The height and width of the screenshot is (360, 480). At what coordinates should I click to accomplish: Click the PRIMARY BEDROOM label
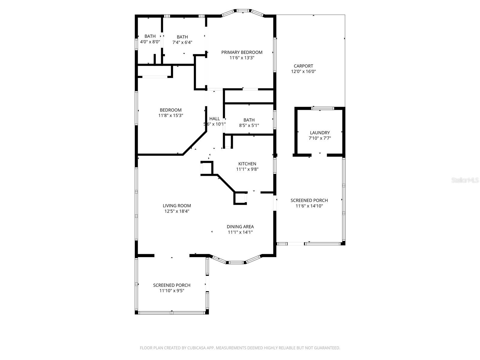242,52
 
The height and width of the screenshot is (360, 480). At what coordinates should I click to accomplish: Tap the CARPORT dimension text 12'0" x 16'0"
303,71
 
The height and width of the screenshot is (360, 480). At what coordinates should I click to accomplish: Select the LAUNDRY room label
320,133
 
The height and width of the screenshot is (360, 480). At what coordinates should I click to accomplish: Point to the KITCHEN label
247,164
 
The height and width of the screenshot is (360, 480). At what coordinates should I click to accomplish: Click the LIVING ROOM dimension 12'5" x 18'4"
177,211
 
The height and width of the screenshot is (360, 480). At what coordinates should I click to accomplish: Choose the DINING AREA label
240,226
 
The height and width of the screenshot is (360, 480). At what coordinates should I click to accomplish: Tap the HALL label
214,119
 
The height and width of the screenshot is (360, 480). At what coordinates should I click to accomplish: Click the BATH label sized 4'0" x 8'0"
150,36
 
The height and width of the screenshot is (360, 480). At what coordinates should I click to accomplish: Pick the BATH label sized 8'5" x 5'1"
249,120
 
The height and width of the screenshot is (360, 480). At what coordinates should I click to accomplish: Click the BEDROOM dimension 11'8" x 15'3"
171,115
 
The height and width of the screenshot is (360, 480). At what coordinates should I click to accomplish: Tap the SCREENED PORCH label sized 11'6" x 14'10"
309,200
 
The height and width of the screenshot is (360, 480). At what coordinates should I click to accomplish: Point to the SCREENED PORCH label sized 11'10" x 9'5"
172,285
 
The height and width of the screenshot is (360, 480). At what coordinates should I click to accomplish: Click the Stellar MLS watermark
465,180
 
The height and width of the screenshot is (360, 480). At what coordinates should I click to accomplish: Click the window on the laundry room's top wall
322,108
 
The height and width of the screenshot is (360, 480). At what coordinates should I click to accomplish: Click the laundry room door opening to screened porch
320,155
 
